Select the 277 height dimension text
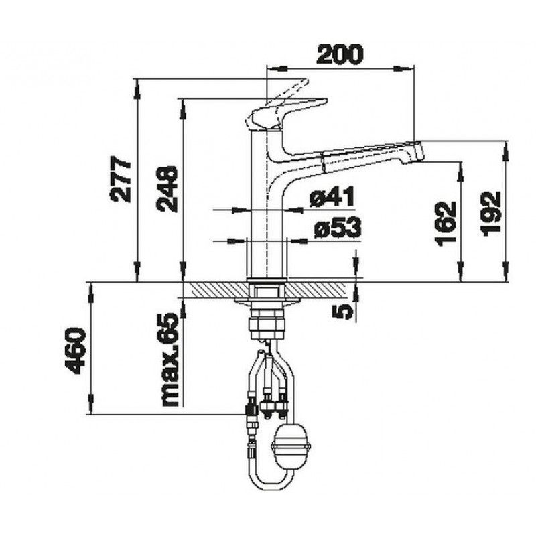click(121, 180)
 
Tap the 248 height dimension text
click(167, 190)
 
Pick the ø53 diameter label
click(337, 227)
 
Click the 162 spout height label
click(446, 223)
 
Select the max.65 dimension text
click(170, 359)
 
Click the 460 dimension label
click(74, 350)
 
